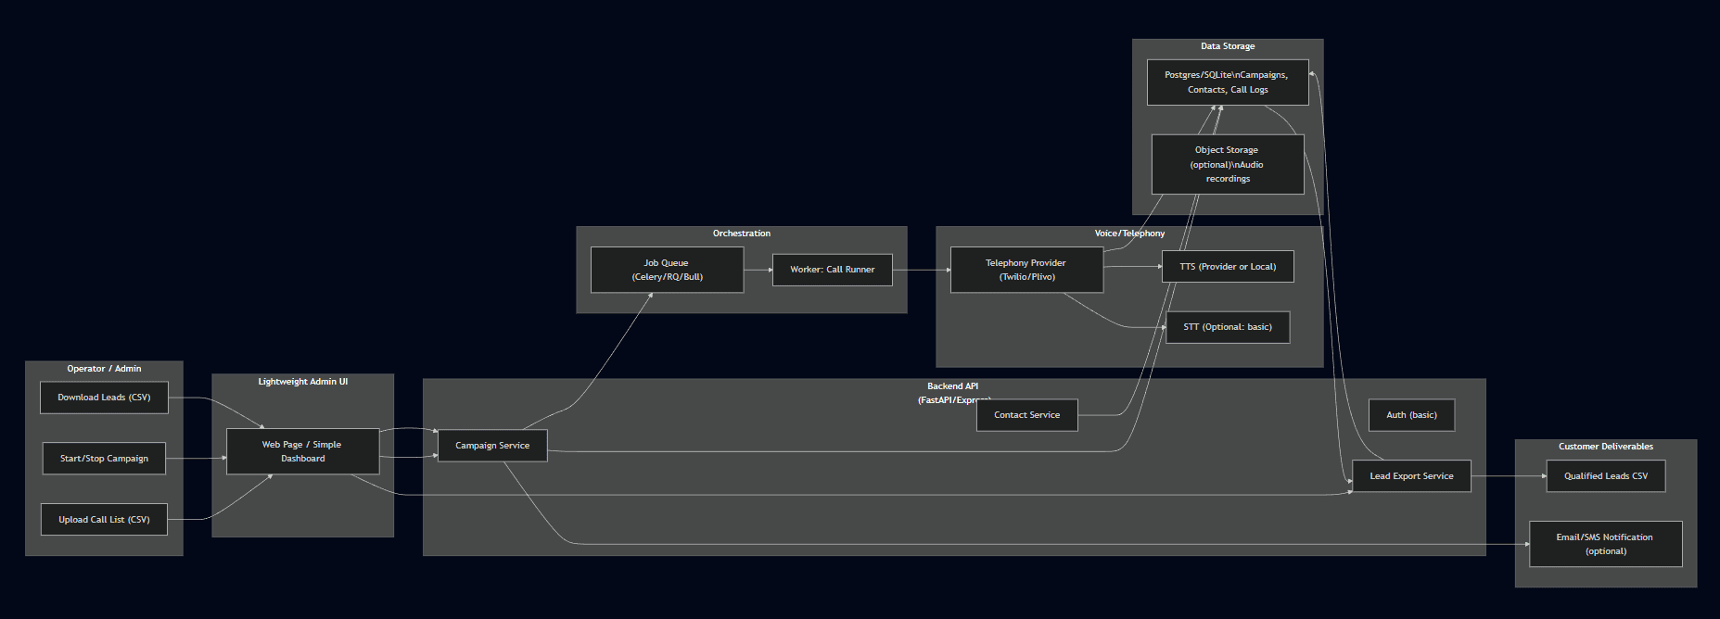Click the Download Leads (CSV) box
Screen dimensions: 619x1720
[104, 398]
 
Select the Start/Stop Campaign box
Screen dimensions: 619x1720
[104, 459]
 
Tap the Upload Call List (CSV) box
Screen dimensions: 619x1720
[104, 520]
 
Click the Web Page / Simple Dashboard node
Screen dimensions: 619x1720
[302, 451]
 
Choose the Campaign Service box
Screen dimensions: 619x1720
[492, 446]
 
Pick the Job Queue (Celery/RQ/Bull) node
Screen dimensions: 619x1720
[667, 270]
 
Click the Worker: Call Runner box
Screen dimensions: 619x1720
[832, 270]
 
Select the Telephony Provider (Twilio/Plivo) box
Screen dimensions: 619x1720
[1026, 270]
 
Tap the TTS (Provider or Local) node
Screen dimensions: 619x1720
[1228, 267]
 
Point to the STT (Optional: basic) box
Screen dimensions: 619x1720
[1228, 327]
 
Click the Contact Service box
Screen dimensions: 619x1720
[1026, 415]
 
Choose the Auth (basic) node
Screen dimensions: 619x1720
[1411, 415]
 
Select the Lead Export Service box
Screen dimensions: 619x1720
[1411, 476]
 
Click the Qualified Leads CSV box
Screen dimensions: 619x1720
[1605, 476]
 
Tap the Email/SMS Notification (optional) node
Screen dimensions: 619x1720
[1605, 544]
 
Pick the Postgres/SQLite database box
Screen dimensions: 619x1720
[1227, 82]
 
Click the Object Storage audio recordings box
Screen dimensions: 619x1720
[1227, 164]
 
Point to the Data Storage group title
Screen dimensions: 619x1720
[1227, 46]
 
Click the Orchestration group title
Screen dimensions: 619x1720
[741, 234]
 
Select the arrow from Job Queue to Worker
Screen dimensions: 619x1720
[758, 270]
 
